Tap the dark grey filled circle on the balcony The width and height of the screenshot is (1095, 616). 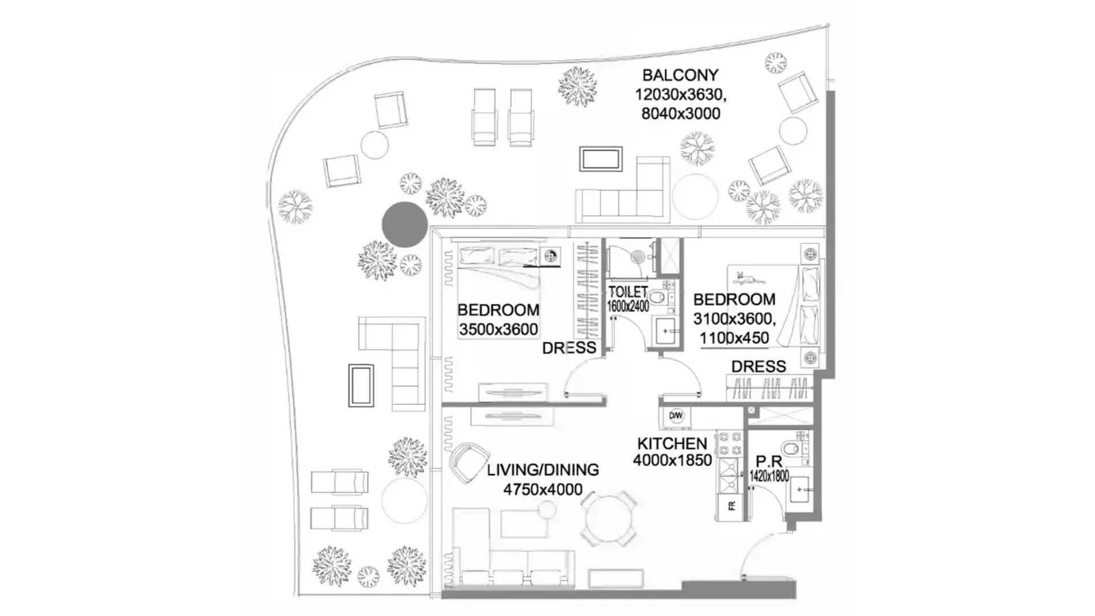tap(404, 224)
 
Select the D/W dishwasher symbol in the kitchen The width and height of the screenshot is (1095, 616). tap(676, 416)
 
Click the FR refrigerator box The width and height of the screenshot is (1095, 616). tap(731, 505)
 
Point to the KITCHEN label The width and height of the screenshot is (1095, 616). tap(672, 443)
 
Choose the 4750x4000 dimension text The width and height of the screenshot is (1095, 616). tap(543, 489)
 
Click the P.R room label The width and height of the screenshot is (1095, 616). tap(769, 461)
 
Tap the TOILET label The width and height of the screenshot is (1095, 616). tap(628, 292)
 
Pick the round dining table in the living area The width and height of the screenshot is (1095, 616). tap(608, 518)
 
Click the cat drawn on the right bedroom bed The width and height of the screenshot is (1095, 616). tap(749, 278)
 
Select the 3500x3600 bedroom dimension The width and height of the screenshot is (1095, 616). tap(498, 330)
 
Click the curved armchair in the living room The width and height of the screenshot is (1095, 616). tap(469, 461)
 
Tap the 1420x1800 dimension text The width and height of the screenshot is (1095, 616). tap(769, 476)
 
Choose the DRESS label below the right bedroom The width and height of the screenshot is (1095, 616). tap(759, 366)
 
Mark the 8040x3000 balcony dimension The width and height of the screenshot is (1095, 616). tap(681, 114)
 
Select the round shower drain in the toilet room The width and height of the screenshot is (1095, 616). tap(638, 257)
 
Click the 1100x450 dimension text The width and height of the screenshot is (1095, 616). tap(735, 338)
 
